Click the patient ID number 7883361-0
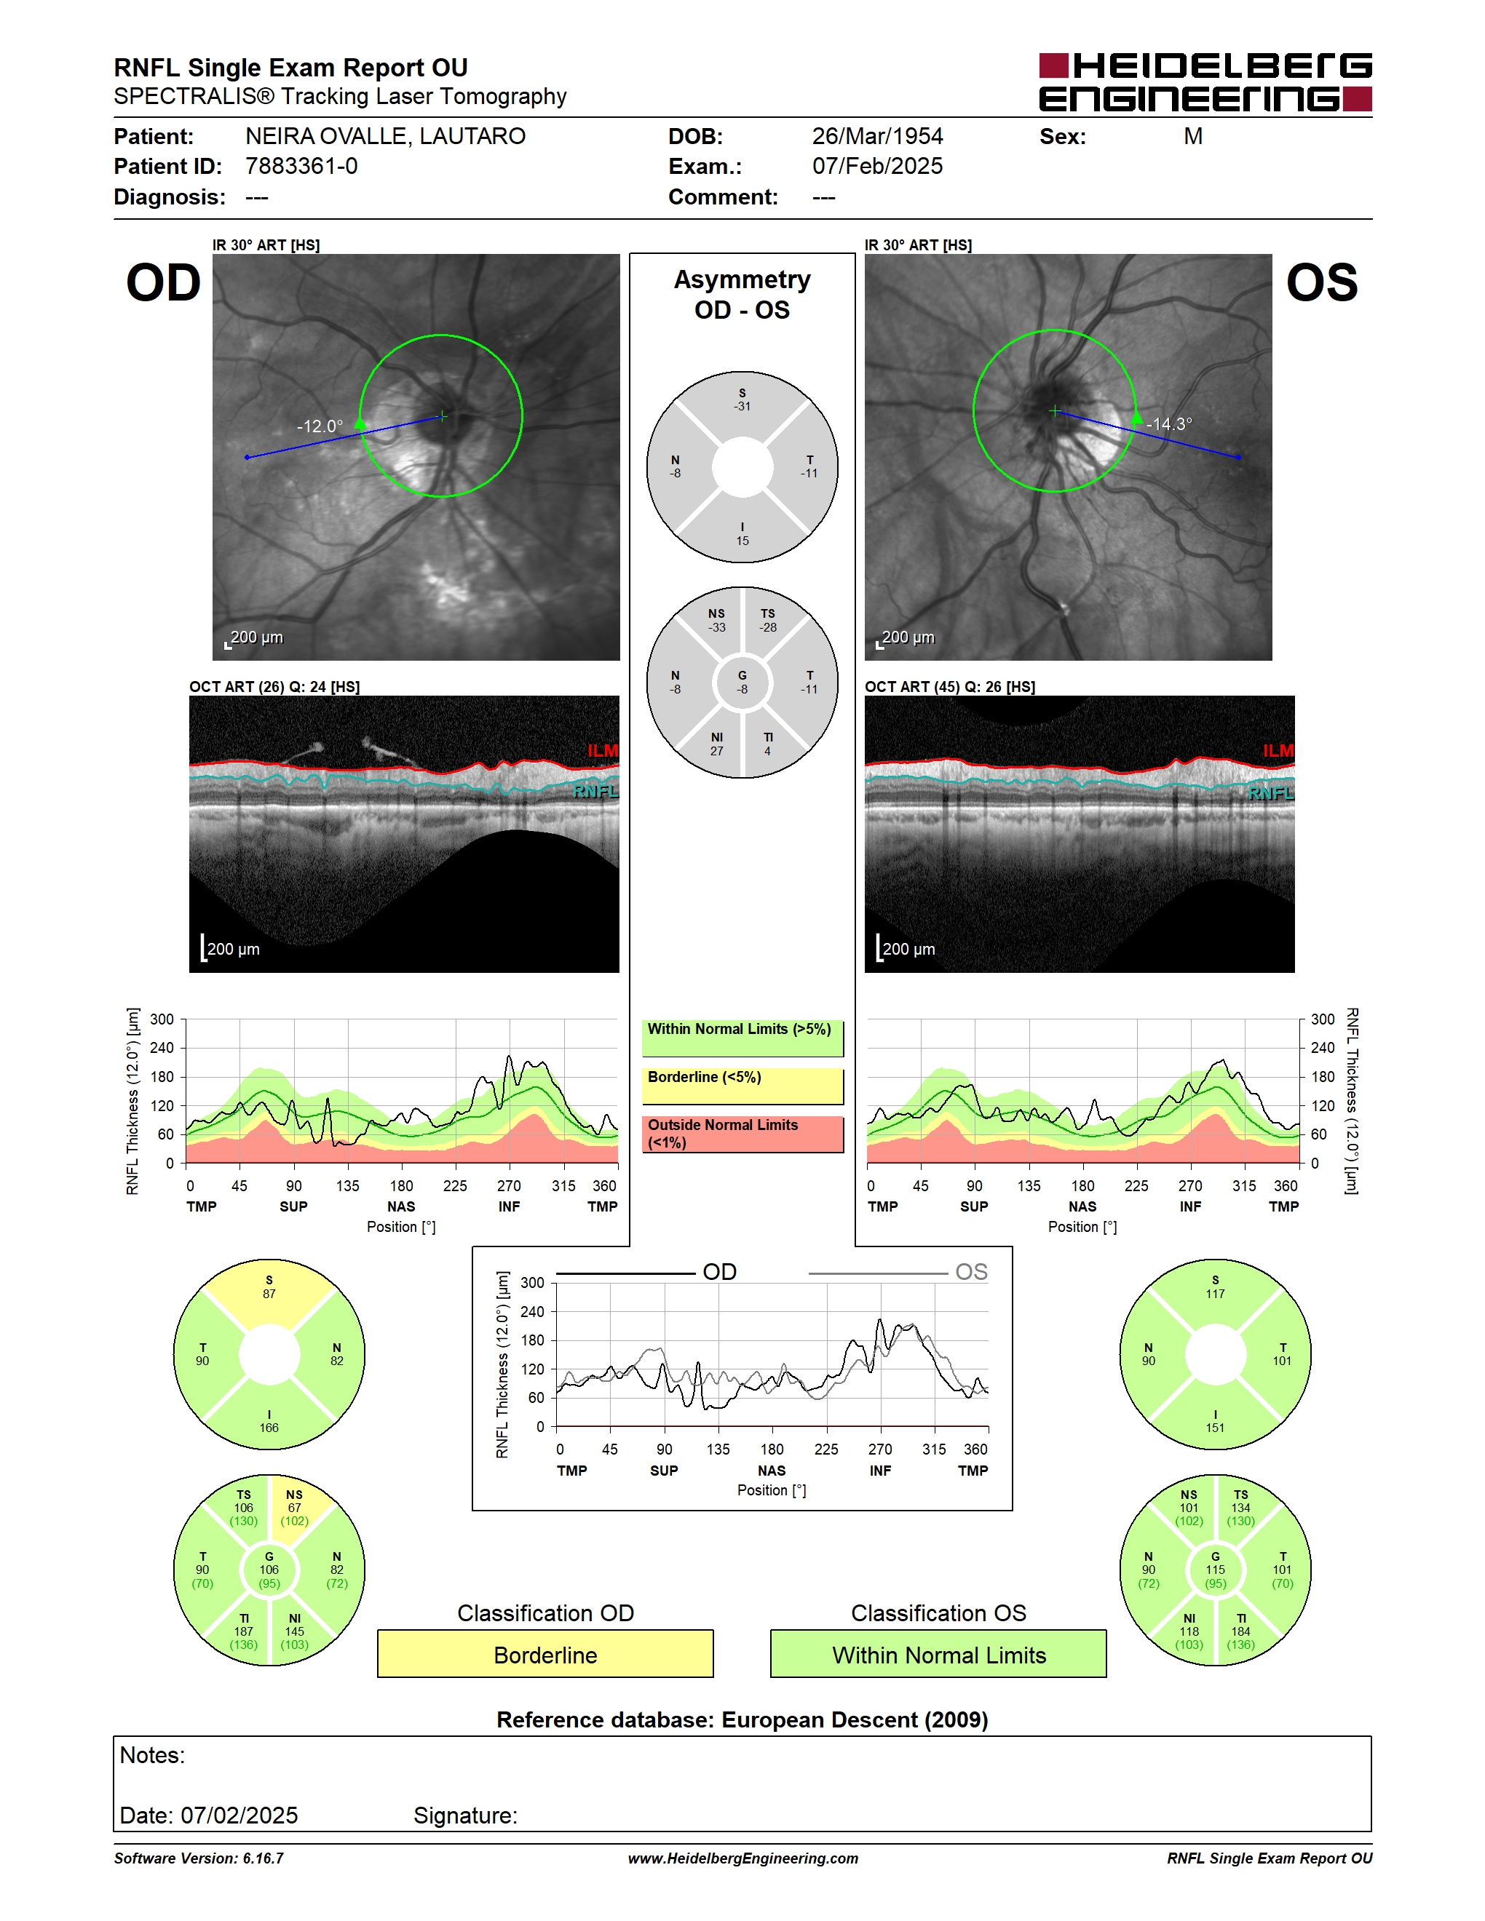[x=301, y=166]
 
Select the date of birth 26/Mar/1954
[x=877, y=136]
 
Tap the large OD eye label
[x=164, y=283]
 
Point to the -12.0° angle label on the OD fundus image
[x=320, y=426]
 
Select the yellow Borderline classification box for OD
[x=545, y=1655]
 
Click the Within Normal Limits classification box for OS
[x=939, y=1655]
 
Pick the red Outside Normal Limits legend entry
[x=742, y=1134]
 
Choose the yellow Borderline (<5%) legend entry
[x=742, y=1086]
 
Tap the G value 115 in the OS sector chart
[x=1215, y=1569]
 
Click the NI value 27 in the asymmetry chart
[x=717, y=751]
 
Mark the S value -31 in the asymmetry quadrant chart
[x=742, y=406]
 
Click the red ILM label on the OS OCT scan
[x=1278, y=750]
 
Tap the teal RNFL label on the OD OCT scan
[x=595, y=792]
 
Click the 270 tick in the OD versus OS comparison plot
[x=880, y=1449]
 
